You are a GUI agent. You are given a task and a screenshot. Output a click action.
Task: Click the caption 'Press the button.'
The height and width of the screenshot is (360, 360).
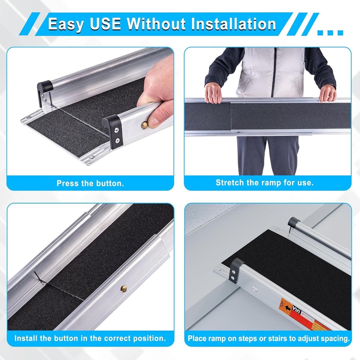(x=90, y=184)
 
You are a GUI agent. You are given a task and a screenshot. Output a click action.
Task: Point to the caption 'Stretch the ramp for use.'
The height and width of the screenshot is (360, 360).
(x=264, y=183)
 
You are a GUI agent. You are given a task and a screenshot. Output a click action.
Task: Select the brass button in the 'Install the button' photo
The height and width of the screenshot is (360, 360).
(x=123, y=288)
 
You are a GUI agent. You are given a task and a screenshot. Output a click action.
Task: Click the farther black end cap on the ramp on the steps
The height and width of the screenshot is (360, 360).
(x=292, y=224)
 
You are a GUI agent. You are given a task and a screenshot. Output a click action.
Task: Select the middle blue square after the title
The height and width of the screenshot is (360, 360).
(x=330, y=33)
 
